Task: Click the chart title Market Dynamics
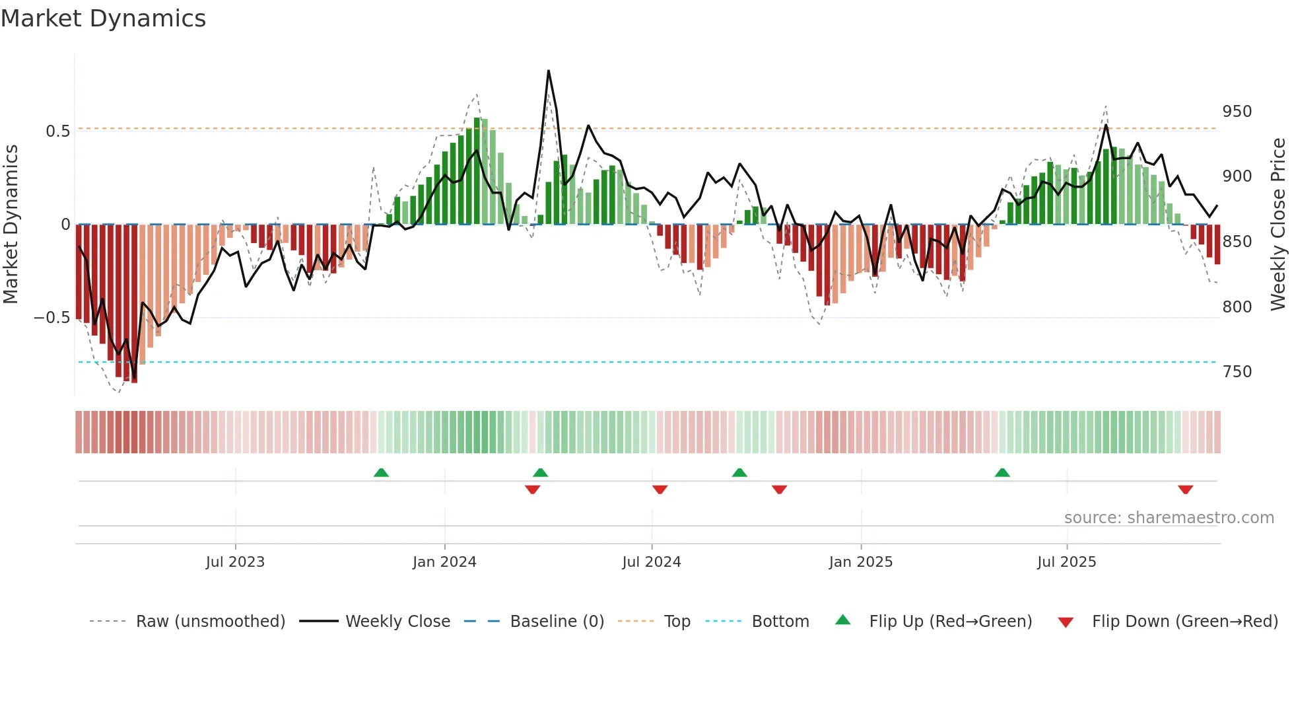tap(104, 18)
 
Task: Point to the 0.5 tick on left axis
tap(57, 131)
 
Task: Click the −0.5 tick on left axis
tap(51, 318)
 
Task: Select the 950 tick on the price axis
tap(1237, 112)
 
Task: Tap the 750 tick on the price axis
tap(1237, 372)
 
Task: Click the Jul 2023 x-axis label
tap(235, 562)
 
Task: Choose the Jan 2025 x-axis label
tap(860, 562)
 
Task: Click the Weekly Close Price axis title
tap(1278, 225)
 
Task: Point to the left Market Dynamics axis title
tap(11, 225)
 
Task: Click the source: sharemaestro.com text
tap(1169, 518)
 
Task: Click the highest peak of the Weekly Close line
tap(548, 71)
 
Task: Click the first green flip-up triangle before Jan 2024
tap(381, 472)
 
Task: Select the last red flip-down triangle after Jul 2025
tap(1185, 490)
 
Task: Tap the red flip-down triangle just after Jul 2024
tap(660, 490)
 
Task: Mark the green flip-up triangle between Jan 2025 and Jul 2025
tap(1002, 472)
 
